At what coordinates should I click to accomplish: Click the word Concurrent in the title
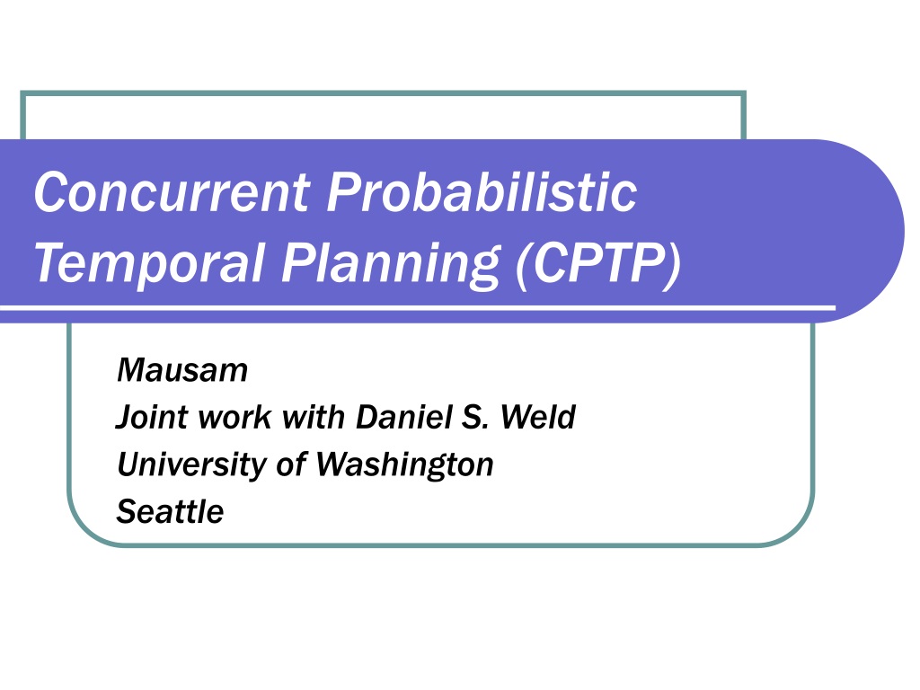[x=172, y=191]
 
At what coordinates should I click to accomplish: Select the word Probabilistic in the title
[x=482, y=191]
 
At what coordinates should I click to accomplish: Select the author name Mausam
[x=182, y=370]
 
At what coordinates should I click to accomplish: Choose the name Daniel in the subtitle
[x=404, y=417]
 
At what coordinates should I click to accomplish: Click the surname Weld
[x=538, y=417]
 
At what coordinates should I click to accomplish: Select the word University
[x=192, y=464]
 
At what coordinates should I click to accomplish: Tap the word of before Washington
[x=290, y=464]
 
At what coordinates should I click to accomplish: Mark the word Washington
[x=405, y=464]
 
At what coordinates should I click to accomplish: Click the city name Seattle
[x=170, y=511]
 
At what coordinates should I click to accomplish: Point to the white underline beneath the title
[x=418, y=307]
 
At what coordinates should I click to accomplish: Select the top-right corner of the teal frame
[x=744, y=93]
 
